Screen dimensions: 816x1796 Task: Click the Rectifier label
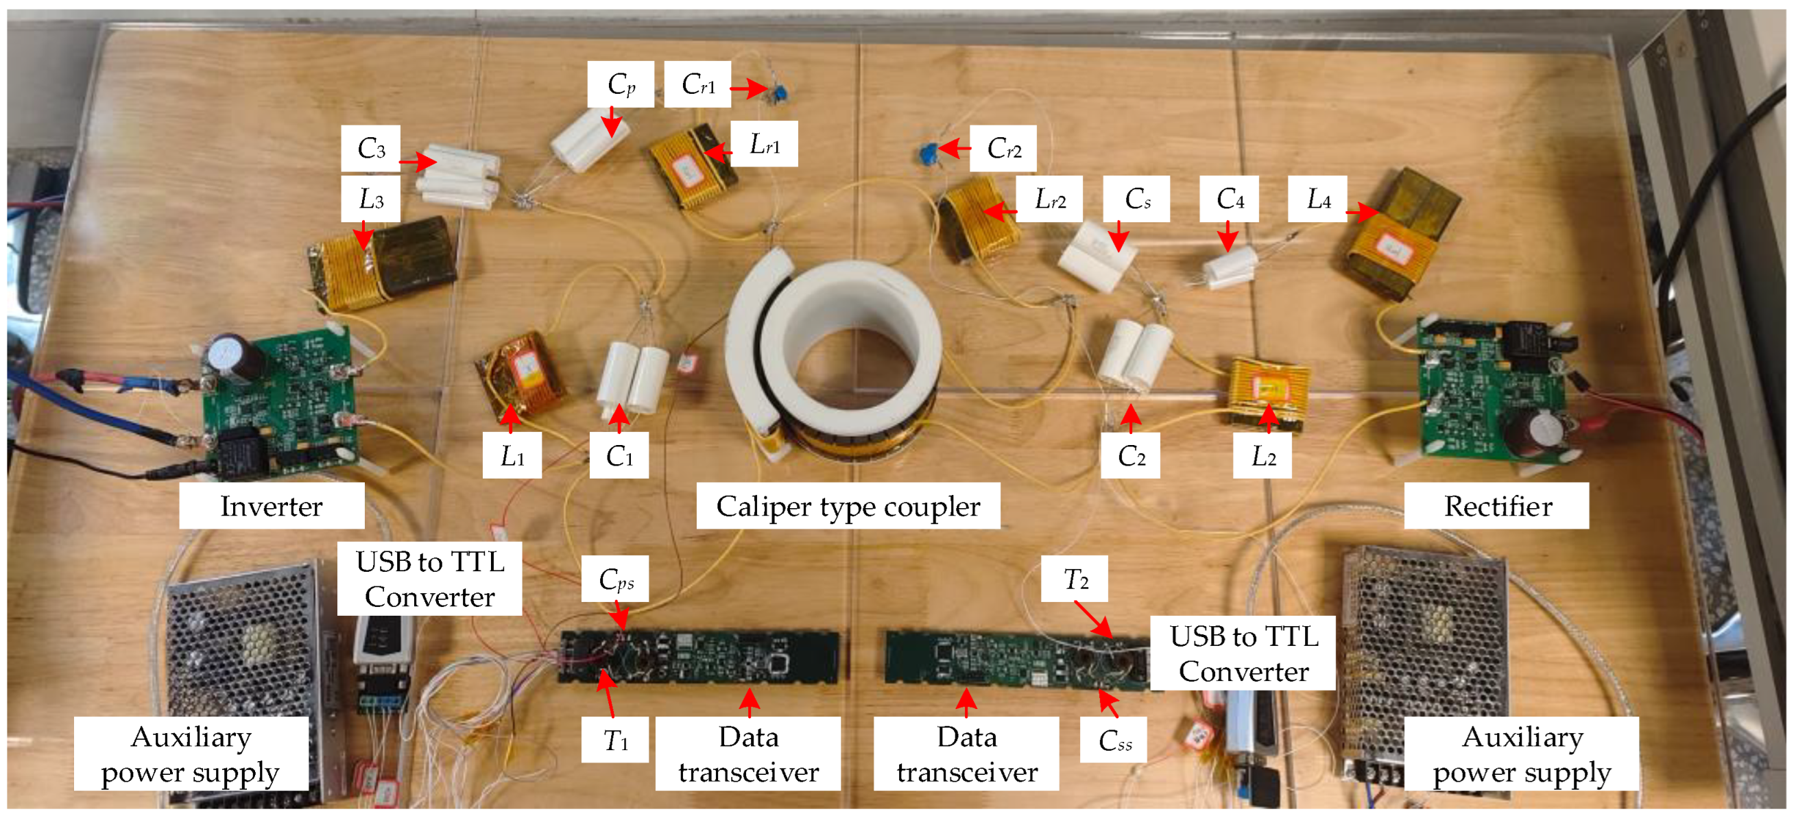point(1496,506)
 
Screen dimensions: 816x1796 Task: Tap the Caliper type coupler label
point(847,506)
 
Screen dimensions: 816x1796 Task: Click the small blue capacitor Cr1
point(780,92)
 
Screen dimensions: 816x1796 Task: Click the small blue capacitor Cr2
point(929,152)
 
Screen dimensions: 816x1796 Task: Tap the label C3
point(370,149)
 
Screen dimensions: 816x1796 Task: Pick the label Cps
point(615,579)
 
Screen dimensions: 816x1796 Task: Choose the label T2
point(1075,579)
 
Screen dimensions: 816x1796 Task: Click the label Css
point(1114,741)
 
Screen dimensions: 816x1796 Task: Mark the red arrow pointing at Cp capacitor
point(612,121)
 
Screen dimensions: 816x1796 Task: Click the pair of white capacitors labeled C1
point(633,376)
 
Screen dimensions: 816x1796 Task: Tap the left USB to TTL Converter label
point(429,579)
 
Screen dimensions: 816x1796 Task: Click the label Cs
point(1136,200)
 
